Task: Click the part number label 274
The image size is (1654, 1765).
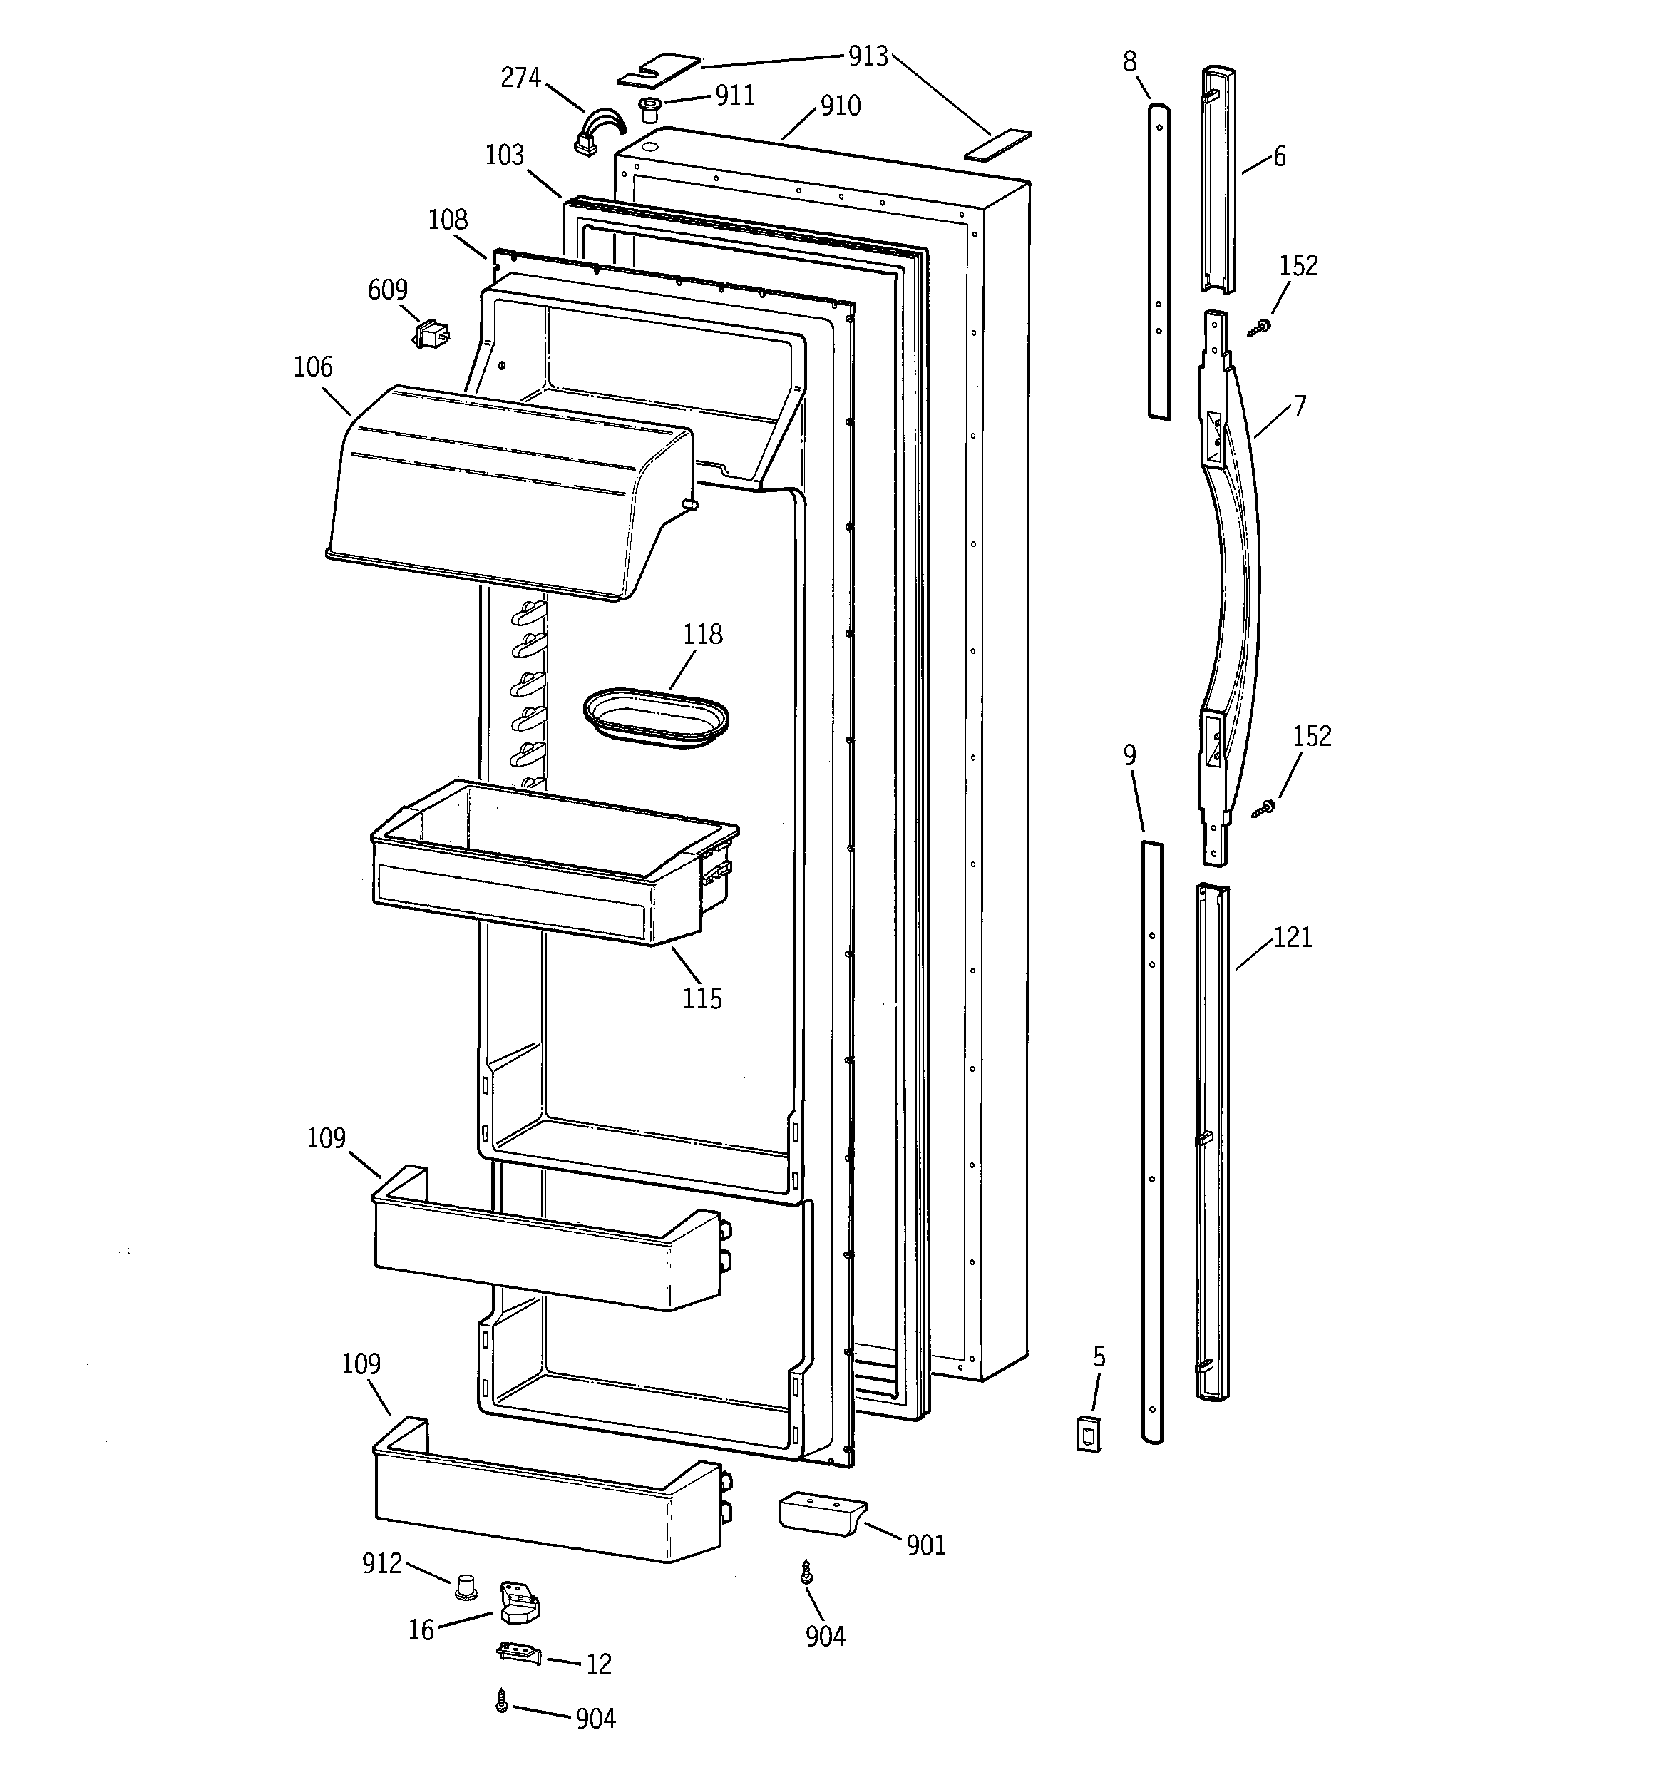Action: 520,78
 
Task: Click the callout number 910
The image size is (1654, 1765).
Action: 840,106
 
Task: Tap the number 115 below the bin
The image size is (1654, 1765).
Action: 702,999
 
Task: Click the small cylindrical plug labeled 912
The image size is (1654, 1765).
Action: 464,1587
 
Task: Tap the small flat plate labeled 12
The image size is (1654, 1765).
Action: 518,1650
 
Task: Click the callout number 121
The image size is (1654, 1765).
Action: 1293,938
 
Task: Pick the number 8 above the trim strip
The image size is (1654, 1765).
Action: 1129,61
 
